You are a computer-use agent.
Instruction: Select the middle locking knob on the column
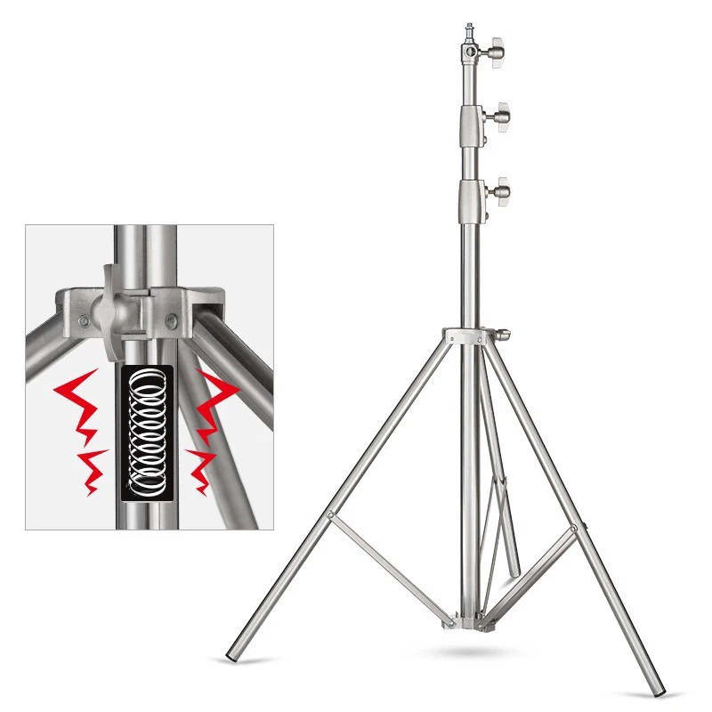tap(500, 115)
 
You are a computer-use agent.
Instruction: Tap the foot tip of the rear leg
tap(514, 569)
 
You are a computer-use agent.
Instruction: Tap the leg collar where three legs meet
tap(468, 337)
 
